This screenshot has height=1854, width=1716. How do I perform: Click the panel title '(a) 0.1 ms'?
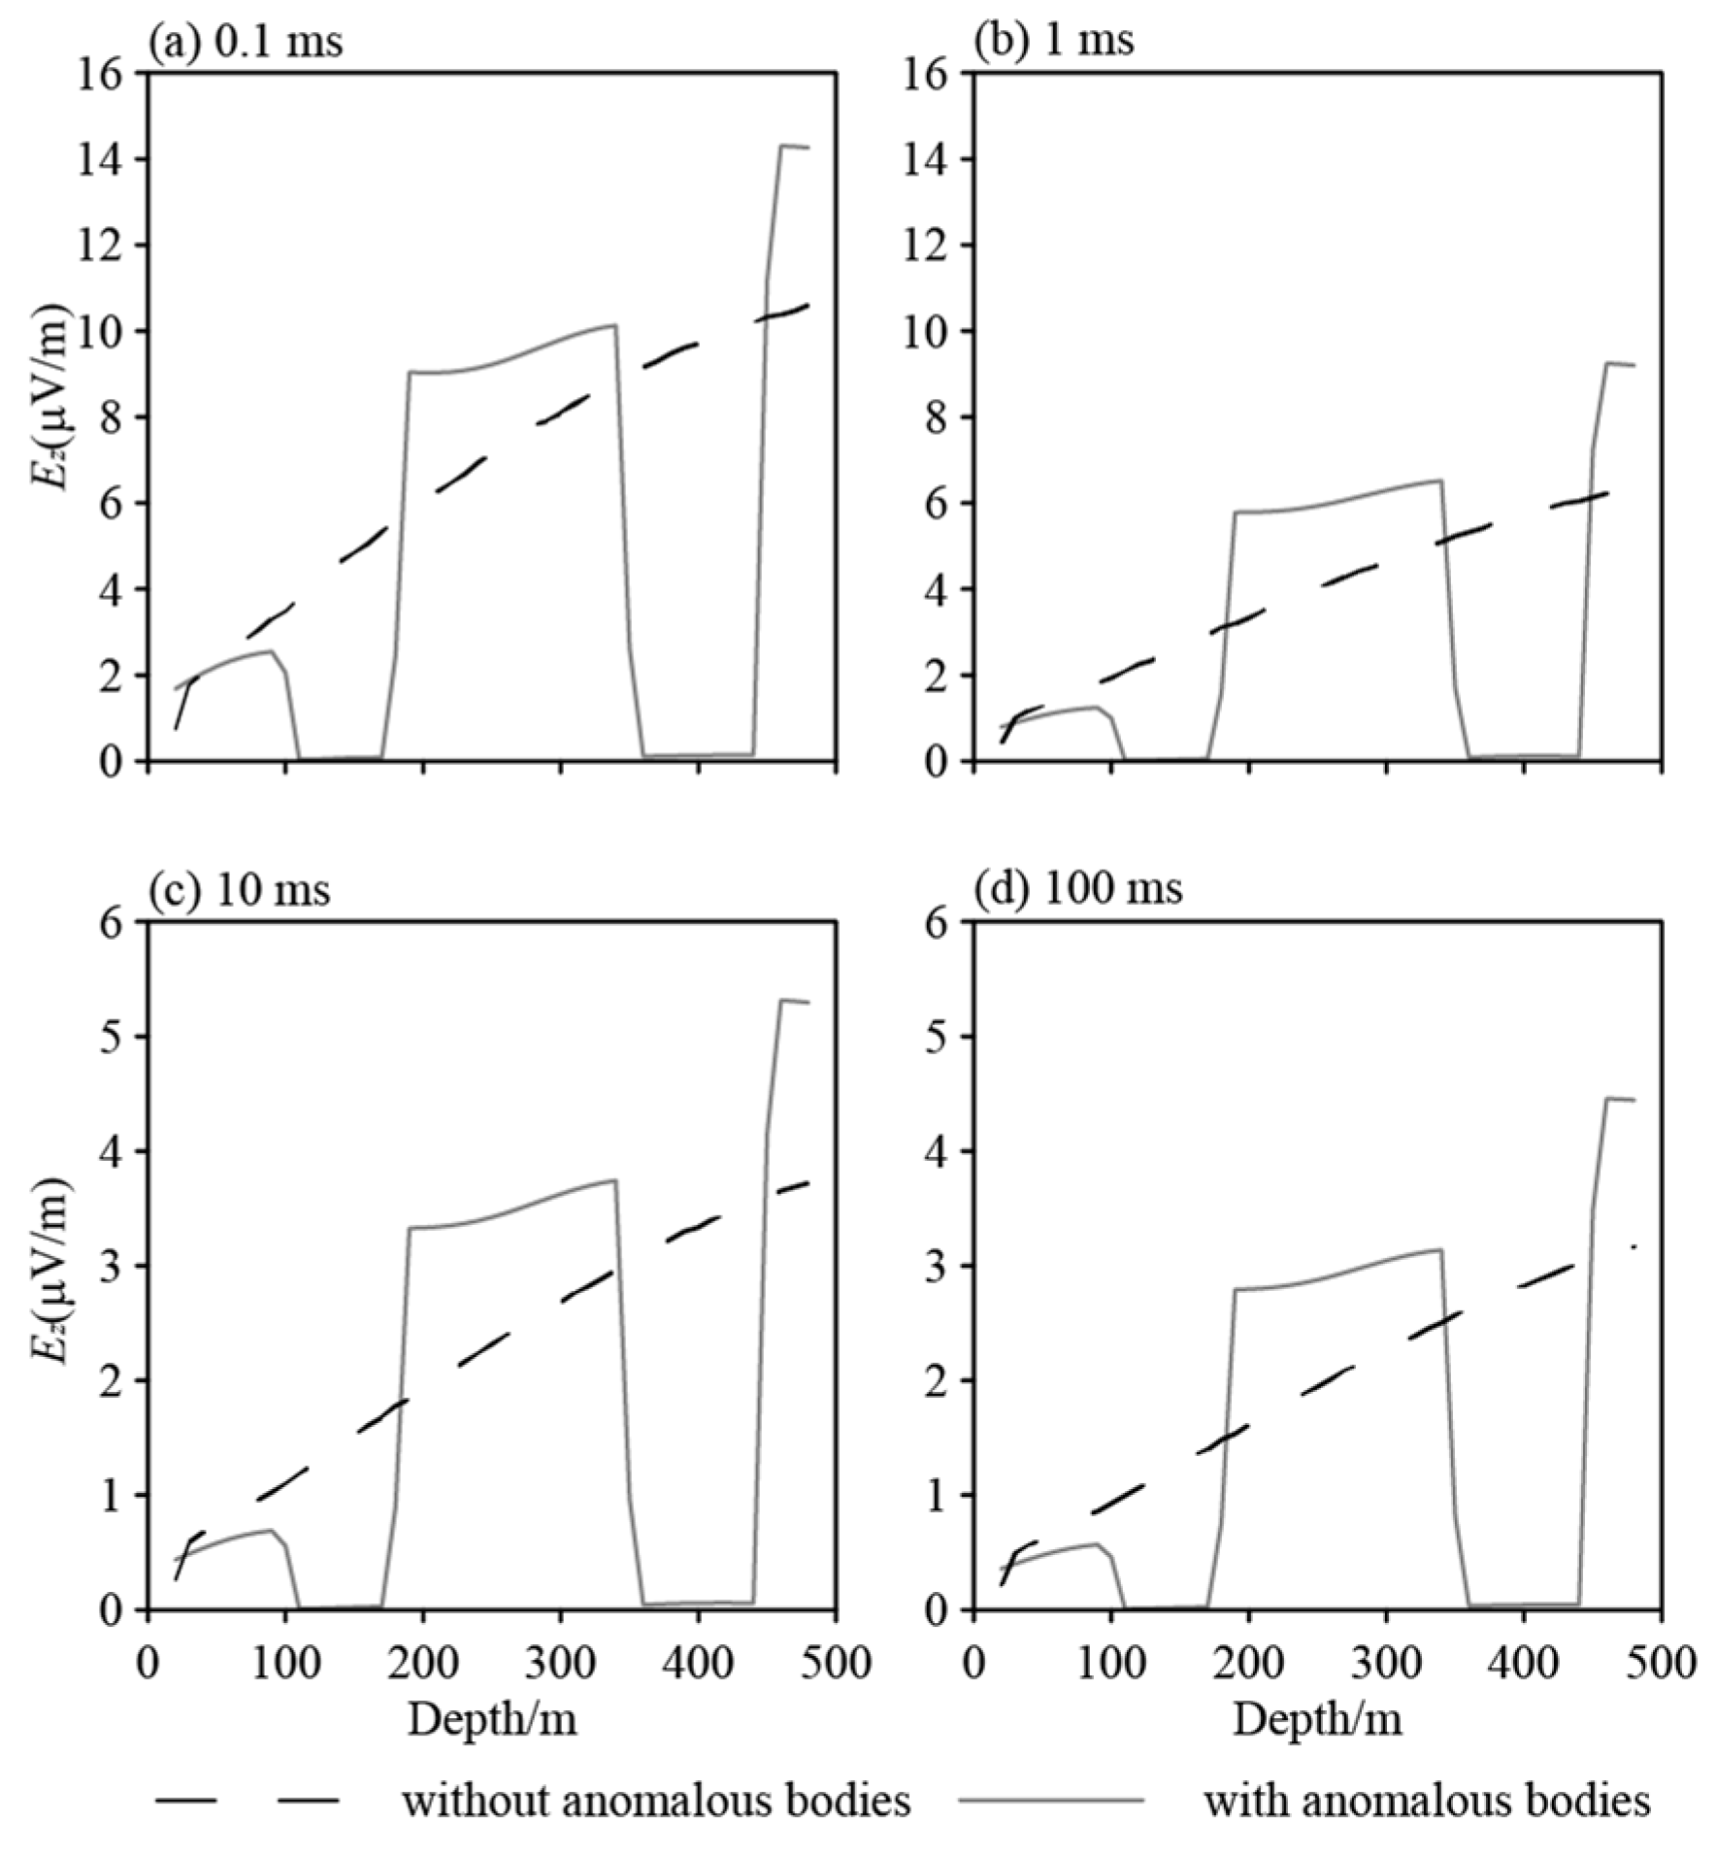245,42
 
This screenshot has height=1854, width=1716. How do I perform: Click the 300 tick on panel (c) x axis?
561,1663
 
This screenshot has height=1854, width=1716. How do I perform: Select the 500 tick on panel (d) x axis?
1663,1663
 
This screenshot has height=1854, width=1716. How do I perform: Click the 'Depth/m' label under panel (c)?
492,1719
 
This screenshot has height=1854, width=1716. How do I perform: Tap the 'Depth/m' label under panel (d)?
1318,1719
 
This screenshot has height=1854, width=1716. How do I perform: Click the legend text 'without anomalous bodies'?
656,1802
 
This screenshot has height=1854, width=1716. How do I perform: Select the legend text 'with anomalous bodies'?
1427,1802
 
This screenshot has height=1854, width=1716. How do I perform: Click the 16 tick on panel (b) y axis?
927,73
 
